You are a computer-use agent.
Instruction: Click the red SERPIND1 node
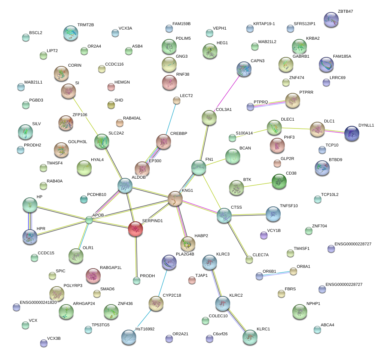point(135,229)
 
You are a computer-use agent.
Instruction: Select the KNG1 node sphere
point(175,199)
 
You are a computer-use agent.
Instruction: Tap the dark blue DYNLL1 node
point(351,133)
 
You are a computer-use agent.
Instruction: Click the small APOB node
point(89,220)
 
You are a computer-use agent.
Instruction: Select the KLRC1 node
point(250,337)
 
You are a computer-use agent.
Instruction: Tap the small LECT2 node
point(176,100)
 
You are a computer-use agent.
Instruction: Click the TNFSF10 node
point(273,214)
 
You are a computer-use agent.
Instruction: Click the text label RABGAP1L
point(112,268)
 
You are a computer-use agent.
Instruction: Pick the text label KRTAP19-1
point(264,24)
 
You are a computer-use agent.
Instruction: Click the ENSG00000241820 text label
point(39,302)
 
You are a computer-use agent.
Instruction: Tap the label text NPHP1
point(314,303)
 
